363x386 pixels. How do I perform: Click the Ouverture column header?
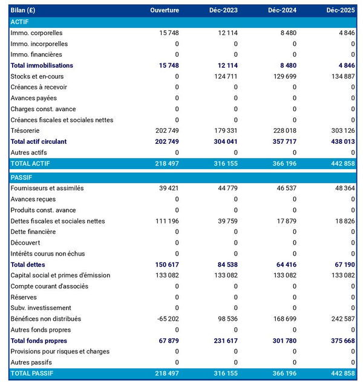click(165, 10)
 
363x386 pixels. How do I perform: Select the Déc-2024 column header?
click(282, 10)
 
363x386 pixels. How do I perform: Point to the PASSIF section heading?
click(22, 178)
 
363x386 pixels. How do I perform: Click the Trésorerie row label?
click(26, 130)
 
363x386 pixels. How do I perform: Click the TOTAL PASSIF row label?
click(32, 373)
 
